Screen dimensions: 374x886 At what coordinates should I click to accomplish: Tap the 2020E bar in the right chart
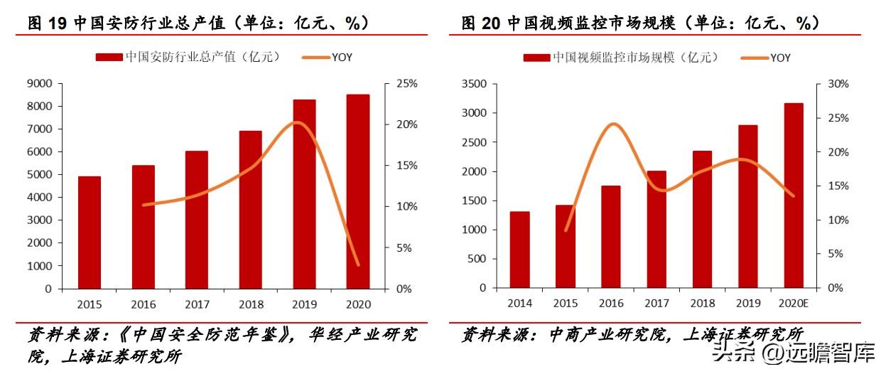[x=794, y=196]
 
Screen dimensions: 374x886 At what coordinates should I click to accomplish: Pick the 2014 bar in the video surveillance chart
[x=519, y=250]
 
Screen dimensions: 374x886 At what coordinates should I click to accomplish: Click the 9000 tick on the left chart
[x=40, y=84]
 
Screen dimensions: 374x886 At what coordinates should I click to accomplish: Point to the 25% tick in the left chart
[x=407, y=84]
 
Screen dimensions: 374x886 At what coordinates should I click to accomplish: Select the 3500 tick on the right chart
[x=473, y=84]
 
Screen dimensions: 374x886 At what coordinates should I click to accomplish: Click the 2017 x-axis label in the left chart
[x=197, y=304]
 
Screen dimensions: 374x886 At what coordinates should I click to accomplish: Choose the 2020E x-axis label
[x=794, y=303]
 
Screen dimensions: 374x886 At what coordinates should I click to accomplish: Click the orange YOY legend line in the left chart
[x=317, y=57]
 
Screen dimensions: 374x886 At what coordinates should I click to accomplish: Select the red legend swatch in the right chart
[x=536, y=58]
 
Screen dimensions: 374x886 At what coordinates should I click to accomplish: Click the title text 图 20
[x=481, y=23]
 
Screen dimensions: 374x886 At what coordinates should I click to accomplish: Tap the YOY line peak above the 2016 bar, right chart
[x=612, y=124]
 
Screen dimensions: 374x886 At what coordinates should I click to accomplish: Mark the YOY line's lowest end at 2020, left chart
[x=358, y=265]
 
